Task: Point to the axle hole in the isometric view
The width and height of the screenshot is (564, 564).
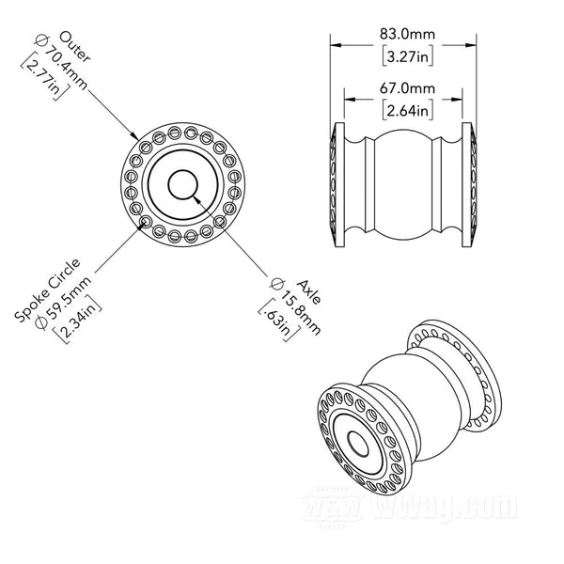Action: tap(358, 444)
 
